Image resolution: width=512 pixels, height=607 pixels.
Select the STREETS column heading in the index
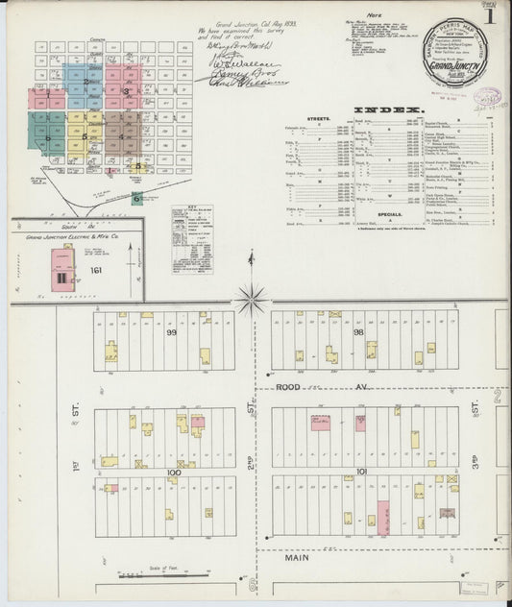(x=319, y=119)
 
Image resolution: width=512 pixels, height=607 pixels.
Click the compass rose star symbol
(x=253, y=302)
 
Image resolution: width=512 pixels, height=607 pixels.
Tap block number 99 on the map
(x=173, y=331)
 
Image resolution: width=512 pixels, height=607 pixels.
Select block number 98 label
(x=358, y=331)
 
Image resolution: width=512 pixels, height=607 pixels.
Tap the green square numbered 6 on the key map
(x=137, y=198)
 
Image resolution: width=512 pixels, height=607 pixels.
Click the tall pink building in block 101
(x=383, y=517)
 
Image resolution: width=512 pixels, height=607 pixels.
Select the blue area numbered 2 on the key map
(x=89, y=81)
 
